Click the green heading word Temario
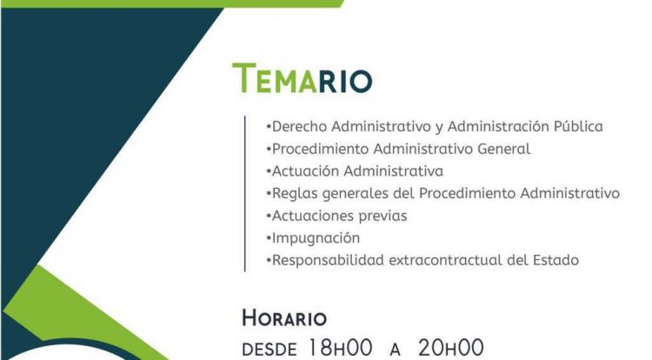pos(302,78)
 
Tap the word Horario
pos(284,318)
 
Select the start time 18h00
pos(340,348)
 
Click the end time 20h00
pos(451,348)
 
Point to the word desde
pos(269,350)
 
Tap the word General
pos(504,149)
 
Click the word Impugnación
pos(316,238)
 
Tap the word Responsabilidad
pos(328,260)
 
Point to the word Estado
pos(556,260)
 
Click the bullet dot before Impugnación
pos(269,237)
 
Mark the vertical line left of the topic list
pos(245,194)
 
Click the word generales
pos(356,194)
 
